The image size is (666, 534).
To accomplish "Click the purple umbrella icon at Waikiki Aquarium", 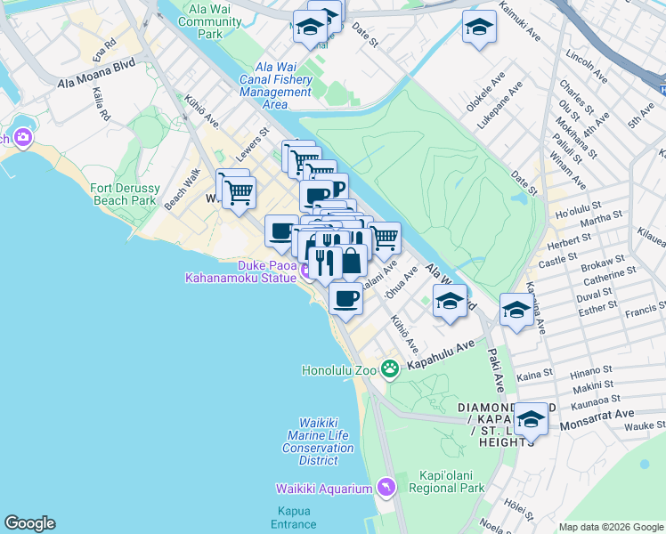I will click(x=386, y=487).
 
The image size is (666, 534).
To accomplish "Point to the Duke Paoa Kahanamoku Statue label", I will click(x=240, y=271).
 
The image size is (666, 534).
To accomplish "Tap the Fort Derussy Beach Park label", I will click(x=124, y=195).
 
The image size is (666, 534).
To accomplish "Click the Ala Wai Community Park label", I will click(x=197, y=21).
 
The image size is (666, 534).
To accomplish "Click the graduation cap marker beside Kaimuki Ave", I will click(x=479, y=28).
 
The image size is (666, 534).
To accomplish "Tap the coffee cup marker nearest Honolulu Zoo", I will click(x=345, y=297).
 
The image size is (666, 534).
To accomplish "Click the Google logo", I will click(x=29, y=523).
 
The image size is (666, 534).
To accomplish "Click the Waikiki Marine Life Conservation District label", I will click(x=318, y=442).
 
